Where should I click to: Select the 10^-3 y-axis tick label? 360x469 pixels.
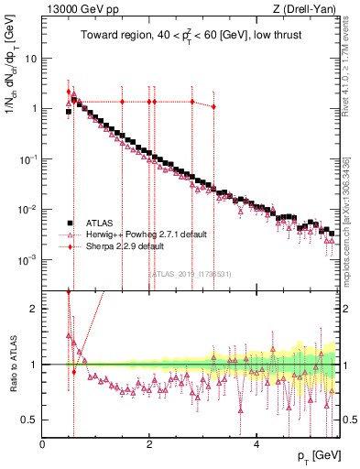point(29,259)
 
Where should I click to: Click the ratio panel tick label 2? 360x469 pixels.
point(35,308)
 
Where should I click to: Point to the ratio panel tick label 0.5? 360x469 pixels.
point(31,420)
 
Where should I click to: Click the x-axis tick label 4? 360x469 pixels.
point(256,444)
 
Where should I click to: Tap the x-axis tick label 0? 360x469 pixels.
point(42,444)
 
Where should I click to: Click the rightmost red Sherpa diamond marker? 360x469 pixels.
point(213,107)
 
